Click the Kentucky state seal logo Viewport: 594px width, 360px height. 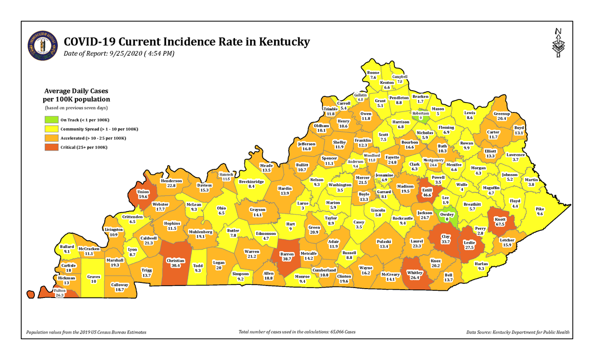[x=43, y=45]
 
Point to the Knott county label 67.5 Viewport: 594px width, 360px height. [x=499, y=224]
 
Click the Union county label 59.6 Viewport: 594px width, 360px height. [x=143, y=194]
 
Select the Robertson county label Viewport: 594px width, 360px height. [x=420, y=116]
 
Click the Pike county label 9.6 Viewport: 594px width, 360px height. [x=539, y=212]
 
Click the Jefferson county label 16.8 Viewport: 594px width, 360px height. [x=306, y=146]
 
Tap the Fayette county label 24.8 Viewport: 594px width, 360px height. [x=392, y=160]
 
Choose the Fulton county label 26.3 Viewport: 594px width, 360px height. [x=59, y=292]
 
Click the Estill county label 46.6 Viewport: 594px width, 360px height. [x=427, y=192]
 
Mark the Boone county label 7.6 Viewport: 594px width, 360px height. [x=373, y=75]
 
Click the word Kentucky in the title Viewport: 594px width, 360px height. [x=280, y=42]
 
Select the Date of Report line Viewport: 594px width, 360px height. [x=119, y=54]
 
